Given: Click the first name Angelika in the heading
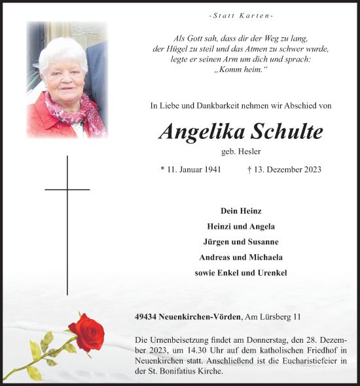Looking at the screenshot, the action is (x=204, y=131).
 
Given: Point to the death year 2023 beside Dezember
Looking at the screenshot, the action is (x=311, y=170).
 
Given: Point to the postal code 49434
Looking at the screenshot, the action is (x=147, y=317).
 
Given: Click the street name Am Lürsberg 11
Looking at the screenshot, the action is (x=272, y=317).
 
